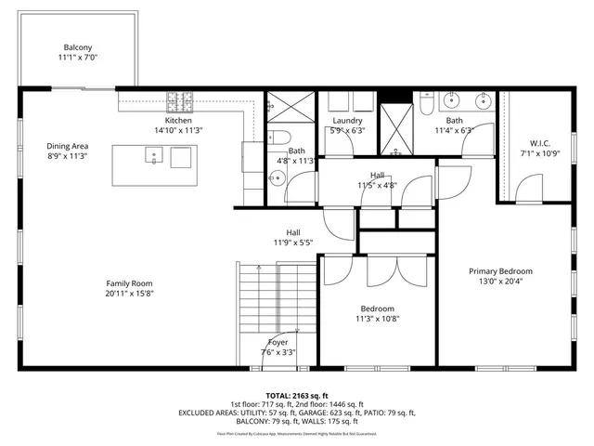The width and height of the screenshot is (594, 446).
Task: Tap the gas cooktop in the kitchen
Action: tap(178, 100)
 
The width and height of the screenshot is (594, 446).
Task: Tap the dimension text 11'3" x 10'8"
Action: tap(377, 320)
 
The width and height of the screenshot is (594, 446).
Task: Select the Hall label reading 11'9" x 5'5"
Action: tap(292, 243)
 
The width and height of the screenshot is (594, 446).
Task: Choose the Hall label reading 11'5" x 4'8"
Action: tap(377, 185)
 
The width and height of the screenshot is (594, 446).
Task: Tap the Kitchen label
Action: tap(178, 121)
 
